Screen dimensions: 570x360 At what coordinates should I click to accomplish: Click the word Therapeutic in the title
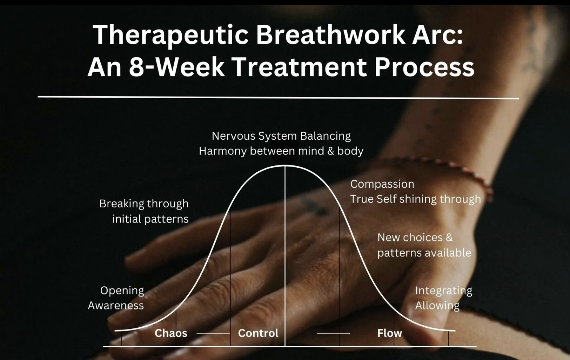coord(171,35)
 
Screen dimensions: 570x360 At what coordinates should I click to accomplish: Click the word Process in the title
coord(424,67)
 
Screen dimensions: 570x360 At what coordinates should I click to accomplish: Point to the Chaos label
coord(171,333)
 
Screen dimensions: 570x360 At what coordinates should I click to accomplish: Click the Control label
coord(258,333)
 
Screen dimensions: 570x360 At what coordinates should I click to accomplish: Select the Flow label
coord(389,333)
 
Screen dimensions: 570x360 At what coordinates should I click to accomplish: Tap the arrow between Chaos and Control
coord(213,333)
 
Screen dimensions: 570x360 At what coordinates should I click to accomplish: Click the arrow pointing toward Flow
coord(333,333)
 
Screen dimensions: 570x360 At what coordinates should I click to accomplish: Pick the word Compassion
coord(382,184)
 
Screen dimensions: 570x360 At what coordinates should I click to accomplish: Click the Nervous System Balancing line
coord(281,136)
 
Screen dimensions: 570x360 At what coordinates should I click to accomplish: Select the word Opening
coord(122,291)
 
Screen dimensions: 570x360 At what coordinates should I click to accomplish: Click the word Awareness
coord(116,305)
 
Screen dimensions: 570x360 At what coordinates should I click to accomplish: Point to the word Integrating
coord(443,291)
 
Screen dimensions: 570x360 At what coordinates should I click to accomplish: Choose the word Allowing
coord(437,305)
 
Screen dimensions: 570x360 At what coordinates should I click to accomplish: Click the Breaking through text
coord(144,204)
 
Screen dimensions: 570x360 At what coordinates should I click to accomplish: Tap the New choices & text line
coord(415,237)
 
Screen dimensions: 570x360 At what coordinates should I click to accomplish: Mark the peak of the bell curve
coord(285,166)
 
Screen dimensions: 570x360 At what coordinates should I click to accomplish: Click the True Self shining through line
coord(415,199)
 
